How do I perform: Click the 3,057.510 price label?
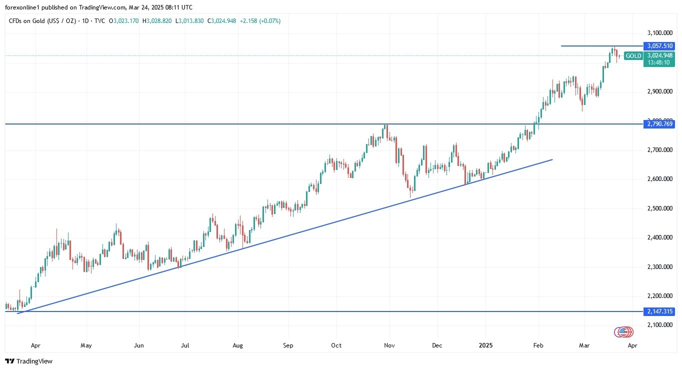(660, 46)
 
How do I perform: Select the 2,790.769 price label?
(660, 123)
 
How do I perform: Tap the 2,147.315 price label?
(660, 311)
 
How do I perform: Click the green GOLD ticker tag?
(633, 56)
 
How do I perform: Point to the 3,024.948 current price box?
(659, 55)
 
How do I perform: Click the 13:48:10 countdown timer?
(659, 62)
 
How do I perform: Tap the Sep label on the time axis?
(287, 345)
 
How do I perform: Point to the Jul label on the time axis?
(185, 345)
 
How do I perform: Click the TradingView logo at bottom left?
(28, 361)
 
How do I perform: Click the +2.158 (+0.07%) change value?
(260, 21)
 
